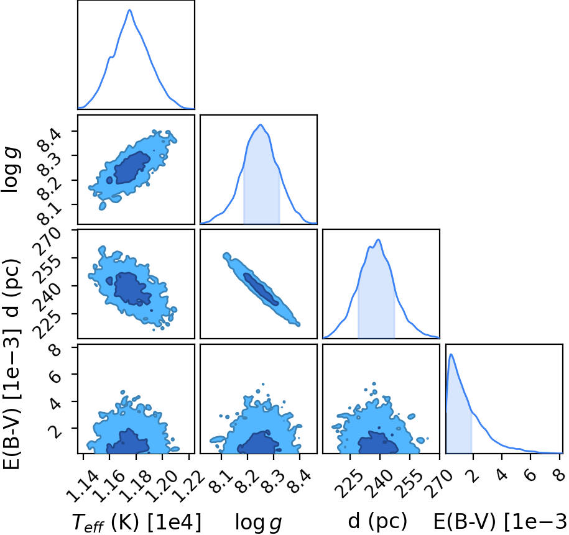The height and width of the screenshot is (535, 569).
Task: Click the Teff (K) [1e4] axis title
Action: click(136, 523)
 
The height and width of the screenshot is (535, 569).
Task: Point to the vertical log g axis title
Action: click(11, 170)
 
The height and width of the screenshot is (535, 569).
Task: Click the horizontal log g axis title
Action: click(258, 523)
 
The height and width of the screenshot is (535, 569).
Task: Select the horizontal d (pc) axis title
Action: click(377, 521)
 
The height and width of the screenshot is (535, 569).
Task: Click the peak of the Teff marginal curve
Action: click(129, 10)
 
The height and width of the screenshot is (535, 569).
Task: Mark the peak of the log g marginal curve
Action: click(260, 125)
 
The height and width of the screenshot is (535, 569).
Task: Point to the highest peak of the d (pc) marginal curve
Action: click(378, 239)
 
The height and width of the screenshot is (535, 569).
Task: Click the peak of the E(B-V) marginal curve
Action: click(451, 354)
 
